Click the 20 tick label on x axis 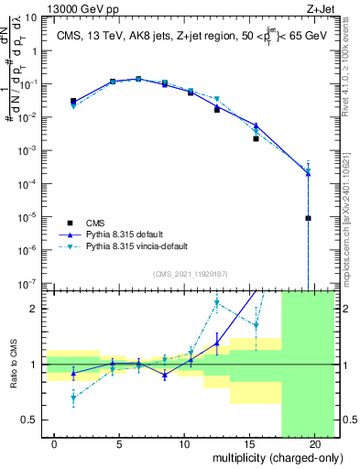[314, 443]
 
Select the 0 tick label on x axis [55, 443]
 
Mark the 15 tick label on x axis [249, 443]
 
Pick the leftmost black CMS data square [73, 101]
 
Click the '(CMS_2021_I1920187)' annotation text [189, 273]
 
